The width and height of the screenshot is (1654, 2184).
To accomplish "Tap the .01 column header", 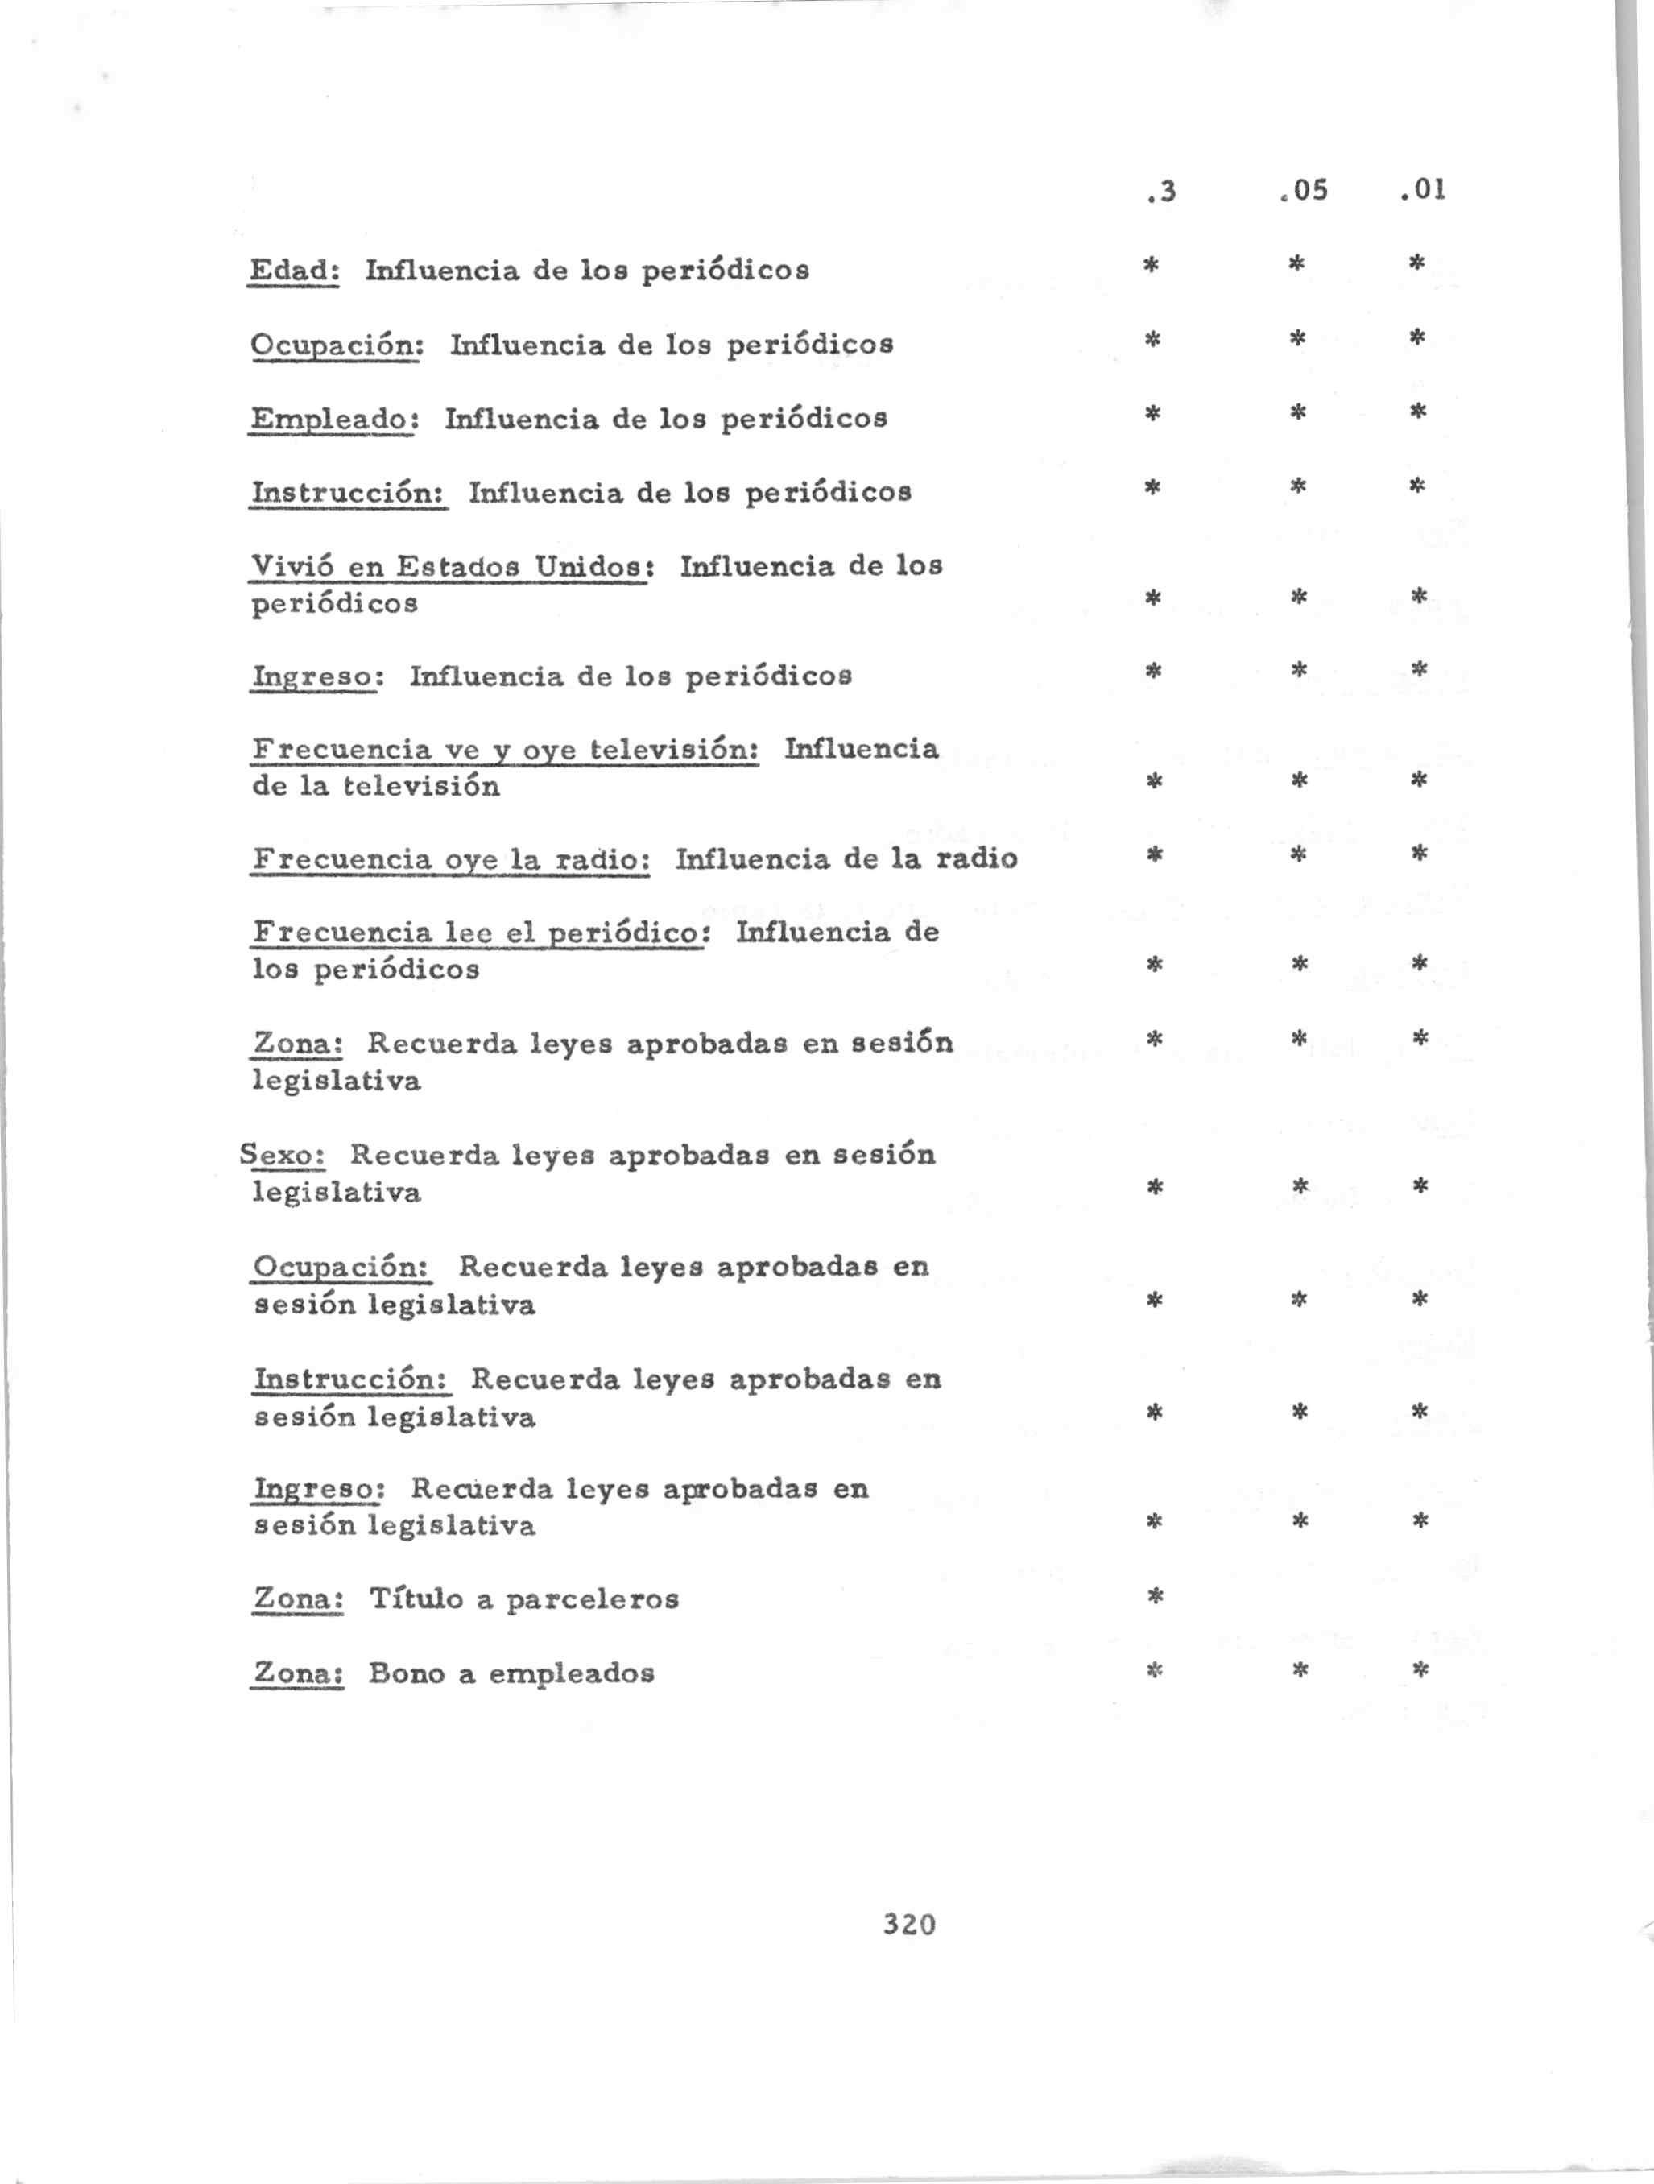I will coord(1422,188).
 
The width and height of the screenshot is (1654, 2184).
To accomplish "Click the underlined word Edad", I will coord(294,270).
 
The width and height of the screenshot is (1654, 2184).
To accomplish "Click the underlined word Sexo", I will coord(283,1154).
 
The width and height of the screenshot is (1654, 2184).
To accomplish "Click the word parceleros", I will coord(593,1599).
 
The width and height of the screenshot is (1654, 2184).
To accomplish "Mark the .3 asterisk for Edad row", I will coord(1151,265).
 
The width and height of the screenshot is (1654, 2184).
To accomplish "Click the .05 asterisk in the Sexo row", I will coord(1300,1185).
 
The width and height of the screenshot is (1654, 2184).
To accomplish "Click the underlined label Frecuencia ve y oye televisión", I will coord(506,751).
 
